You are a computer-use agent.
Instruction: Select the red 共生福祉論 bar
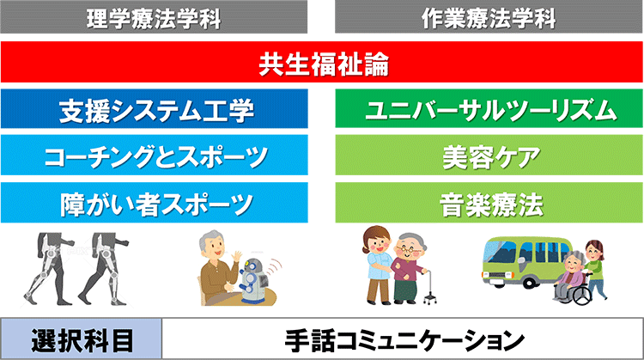tap(322, 63)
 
